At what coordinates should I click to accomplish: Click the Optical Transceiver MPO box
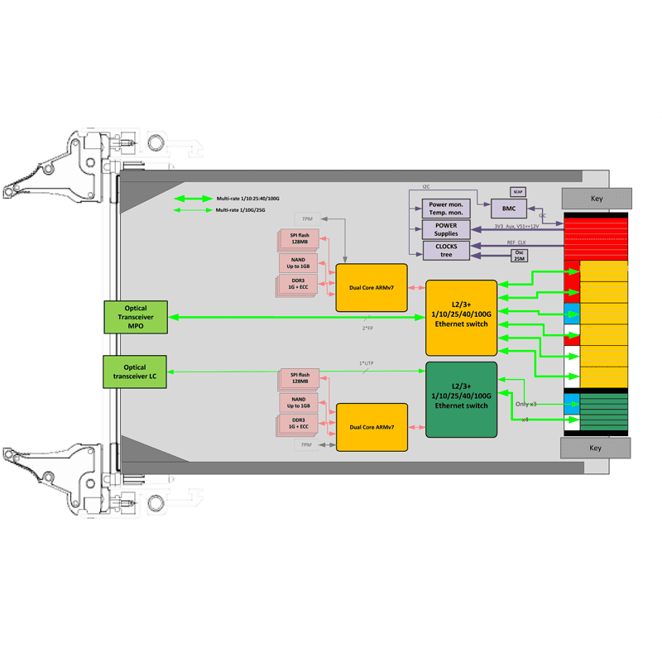[x=136, y=318]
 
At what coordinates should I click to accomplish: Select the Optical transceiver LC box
[x=136, y=373]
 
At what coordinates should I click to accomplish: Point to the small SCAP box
[x=518, y=191]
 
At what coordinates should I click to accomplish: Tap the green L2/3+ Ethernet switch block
[x=461, y=399]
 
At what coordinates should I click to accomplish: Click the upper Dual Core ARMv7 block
[x=372, y=287]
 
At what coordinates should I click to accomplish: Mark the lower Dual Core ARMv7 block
[x=372, y=427]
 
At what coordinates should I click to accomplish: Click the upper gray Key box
[x=597, y=199]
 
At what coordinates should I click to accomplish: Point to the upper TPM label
[x=308, y=218]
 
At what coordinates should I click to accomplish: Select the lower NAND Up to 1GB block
[x=298, y=402]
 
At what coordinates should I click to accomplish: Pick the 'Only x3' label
[x=526, y=404]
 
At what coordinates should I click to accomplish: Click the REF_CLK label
[x=516, y=243]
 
